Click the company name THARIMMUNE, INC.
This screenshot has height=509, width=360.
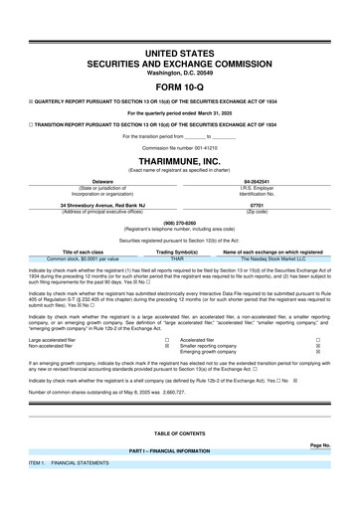[180, 159]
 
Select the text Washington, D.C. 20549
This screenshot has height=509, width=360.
[180, 46]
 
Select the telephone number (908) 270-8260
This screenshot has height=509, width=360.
[180, 224]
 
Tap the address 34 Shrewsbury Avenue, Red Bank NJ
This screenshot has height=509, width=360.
[94, 207]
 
